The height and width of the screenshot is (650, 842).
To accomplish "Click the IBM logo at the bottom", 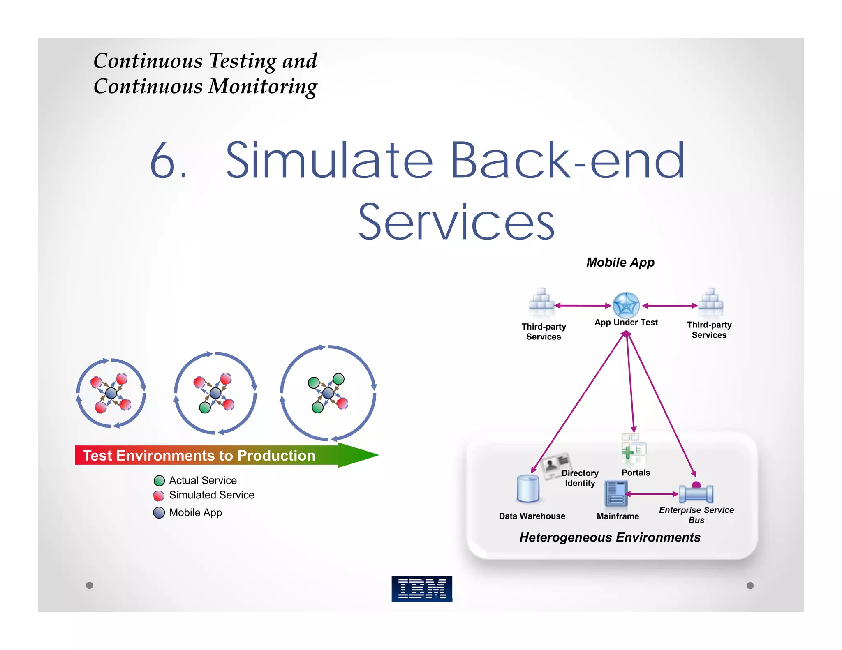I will (x=422, y=589).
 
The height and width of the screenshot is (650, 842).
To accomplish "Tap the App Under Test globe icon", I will (x=626, y=305).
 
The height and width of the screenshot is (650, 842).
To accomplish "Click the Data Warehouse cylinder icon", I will (x=528, y=489).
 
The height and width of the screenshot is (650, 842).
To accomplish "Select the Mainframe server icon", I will (x=616, y=493).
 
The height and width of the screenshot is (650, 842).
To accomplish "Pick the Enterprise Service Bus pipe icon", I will (x=696, y=493).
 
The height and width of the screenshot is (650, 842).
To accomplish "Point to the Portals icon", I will (x=634, y=449).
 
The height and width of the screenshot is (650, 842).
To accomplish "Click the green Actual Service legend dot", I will (x=159, y=480).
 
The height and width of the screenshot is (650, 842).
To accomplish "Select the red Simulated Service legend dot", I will (x=159, y=496).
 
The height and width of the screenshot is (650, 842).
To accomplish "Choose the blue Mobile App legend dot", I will (x=159, y=512).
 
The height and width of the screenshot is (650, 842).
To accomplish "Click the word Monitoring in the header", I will (x=263, y=87).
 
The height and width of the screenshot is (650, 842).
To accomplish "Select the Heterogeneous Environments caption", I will (x=610, y=537).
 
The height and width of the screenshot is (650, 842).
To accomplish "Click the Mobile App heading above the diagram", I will (x=620, y=262).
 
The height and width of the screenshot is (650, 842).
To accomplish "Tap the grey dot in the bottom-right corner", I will (x=750, y=585).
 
